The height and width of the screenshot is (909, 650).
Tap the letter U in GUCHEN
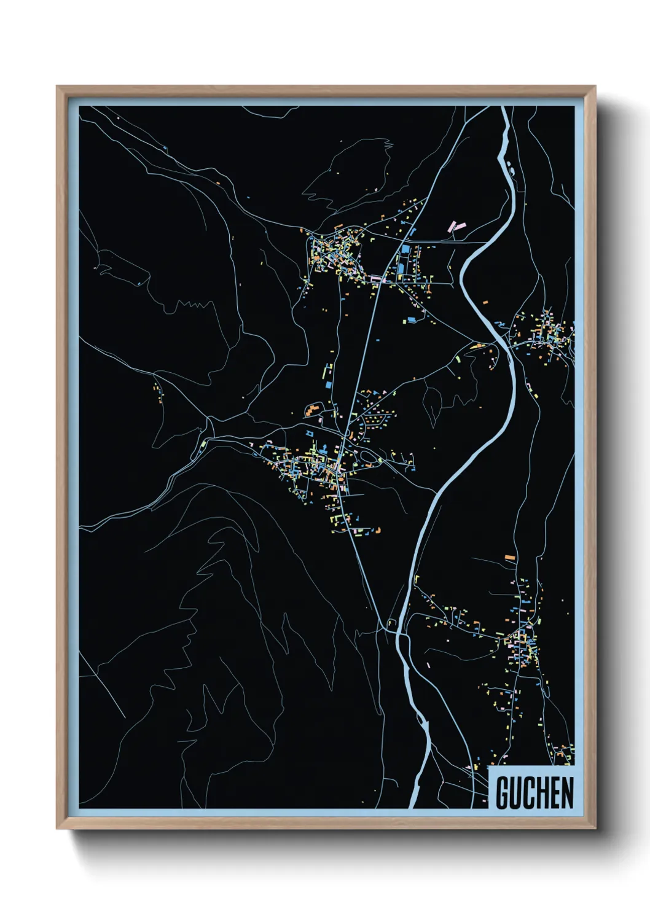(x=517, y=793)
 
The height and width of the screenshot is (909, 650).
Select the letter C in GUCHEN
(x=531, y=793)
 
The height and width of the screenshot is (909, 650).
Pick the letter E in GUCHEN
(x=557, y=793)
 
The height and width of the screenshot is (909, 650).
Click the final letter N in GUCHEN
(x=568, y=793)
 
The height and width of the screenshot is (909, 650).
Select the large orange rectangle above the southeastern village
(x=510, y=557)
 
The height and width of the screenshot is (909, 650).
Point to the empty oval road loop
(x=367, y=456)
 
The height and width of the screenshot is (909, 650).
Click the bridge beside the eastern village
(x=507, y=343)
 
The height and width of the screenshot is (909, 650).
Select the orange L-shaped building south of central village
(x=378, y=529)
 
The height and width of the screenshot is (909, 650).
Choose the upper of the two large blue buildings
(x=406, y=250)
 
